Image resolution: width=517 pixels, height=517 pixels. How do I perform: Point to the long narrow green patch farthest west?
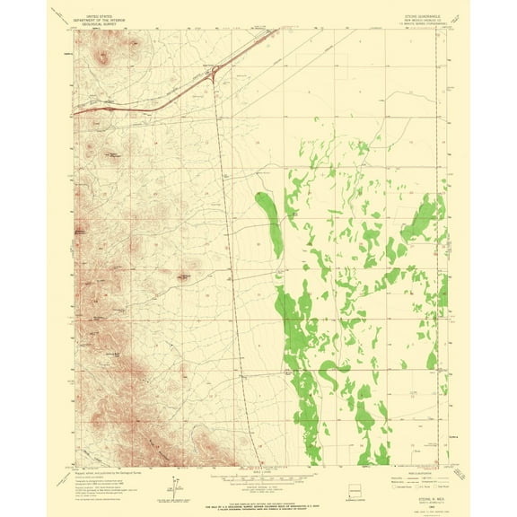coord(268,221)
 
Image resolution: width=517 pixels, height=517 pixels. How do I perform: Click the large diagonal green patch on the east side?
coord(418,220)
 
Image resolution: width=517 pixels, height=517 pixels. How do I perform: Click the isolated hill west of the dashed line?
coord(191,267)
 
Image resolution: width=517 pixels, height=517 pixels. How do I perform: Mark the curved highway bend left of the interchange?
coord(162,107)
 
